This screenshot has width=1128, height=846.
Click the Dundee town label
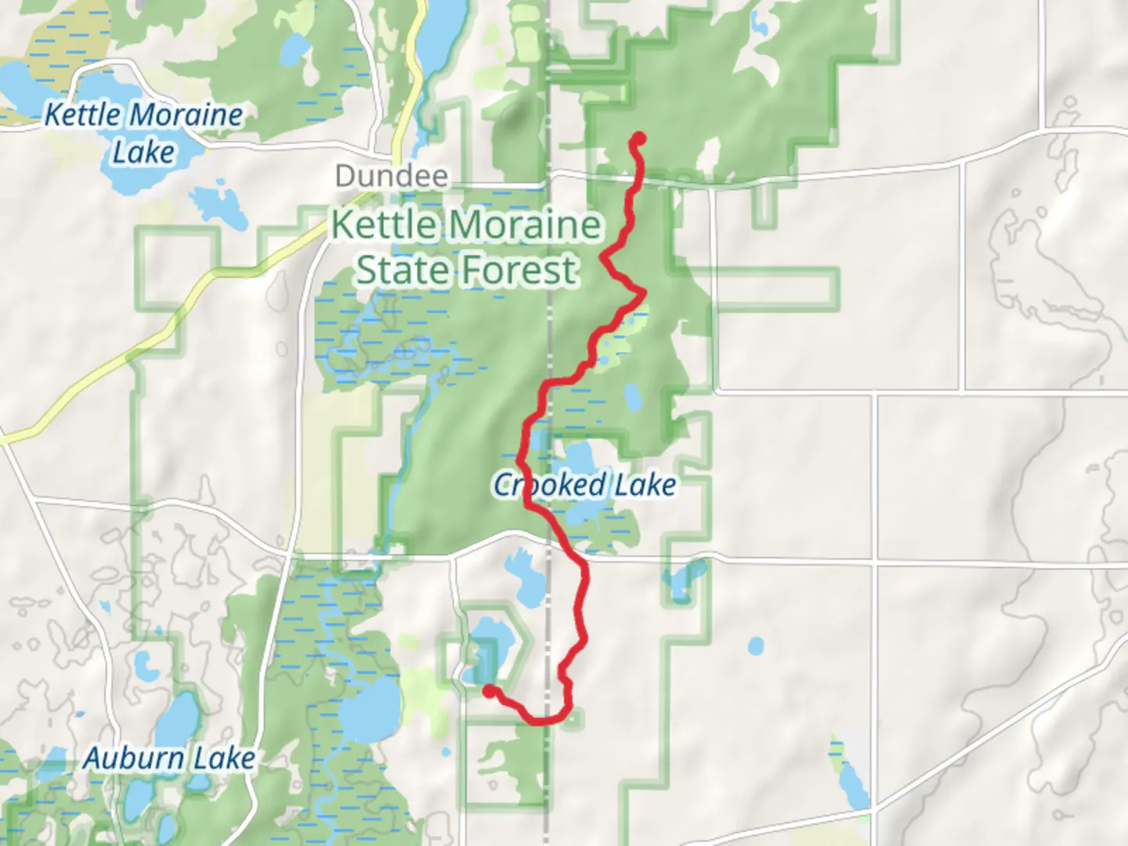(392, 176)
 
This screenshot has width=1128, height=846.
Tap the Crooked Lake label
(584, 485)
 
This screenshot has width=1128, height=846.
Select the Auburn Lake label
(169, 758)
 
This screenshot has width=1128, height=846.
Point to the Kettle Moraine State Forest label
(467, 248)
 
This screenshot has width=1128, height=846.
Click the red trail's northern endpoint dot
(638, 139)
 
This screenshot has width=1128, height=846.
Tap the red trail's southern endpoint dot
(489, 691)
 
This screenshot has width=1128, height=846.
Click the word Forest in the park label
(519, 270)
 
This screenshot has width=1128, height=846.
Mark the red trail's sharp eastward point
(644, 293)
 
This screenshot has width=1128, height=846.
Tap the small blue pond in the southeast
(755, 646)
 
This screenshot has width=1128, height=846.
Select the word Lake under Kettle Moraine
(143, 152)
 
